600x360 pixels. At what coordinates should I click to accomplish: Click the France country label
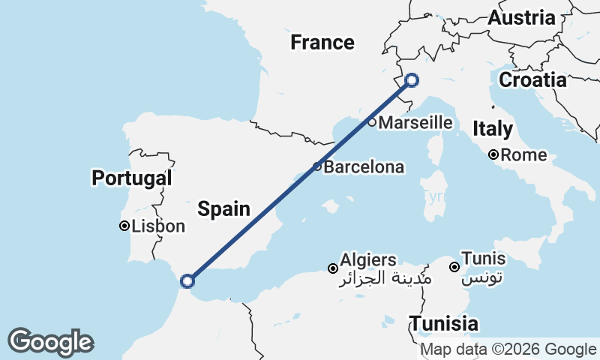[x=322, y=43]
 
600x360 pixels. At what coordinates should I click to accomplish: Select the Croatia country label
[x=532, y=80]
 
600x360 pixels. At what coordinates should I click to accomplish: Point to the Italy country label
[x=493, y=129]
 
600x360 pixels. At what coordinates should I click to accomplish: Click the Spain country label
[x=223, y=208]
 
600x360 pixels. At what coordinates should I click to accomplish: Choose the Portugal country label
[x=131, y=178]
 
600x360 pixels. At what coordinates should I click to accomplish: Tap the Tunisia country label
[x=444, y=324]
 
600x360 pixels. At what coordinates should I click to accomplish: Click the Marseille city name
[x=415, y=123]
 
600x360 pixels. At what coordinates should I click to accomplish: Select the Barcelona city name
[x=364, y=167]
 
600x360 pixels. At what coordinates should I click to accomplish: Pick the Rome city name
[x=524, y=156]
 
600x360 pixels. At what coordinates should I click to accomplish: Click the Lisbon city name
[x=158, y=226]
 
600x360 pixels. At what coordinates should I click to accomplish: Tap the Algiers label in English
[x=368, y=259]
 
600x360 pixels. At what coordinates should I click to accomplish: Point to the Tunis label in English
[x=484, y=259]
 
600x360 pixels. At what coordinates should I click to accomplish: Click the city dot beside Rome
[x=493, y=155]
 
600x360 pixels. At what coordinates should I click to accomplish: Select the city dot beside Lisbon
[x=124, y=226]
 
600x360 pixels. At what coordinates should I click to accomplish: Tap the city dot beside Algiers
[x=333, y=268]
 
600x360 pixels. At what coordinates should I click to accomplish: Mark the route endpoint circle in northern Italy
[x=411, y=80]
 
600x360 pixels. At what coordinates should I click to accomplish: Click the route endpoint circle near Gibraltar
[x=187, y=281]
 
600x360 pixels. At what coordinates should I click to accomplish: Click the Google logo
[x=50, y=342]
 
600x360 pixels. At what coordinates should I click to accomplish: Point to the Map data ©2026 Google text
[x=508, y=349]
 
